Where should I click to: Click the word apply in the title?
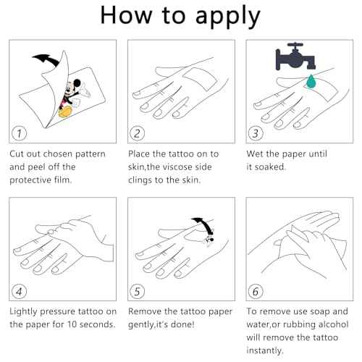pyautogui.click(x=228, y=17)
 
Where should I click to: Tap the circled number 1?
pyautogui.click(x=19, y=133)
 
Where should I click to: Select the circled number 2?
pyautogui.click(x=137, y=133)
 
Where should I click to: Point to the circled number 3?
pyautogui.click(x=256, y=133)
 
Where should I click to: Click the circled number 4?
pyautogui.click(x=19, y=291)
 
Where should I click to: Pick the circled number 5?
pyautogui.click(x=137, y=291)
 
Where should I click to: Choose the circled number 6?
pyautogui.click(x=256, y=291)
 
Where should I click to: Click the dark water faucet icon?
pyautogui.click(x=295, y=56)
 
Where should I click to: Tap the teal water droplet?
pyautogui.click(x=311, y=81)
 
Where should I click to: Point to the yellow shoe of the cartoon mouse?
pyautogui.click(x=65, y=111)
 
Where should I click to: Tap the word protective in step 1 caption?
pyautogui.click(x=30, y=180)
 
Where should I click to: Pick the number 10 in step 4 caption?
pyautogui.click(x=72, y=324)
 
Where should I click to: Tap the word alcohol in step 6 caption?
pyautogui.click(x=334, y=324)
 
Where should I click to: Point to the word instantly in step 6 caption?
pyautogui.click(x=265, y=350)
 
